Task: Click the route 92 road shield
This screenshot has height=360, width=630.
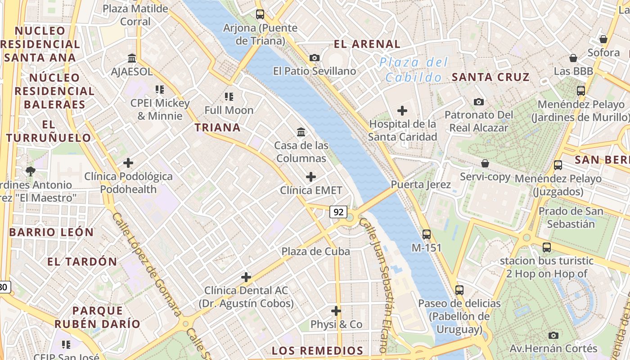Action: pos(338,211)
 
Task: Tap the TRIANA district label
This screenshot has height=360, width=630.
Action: pos(217,128)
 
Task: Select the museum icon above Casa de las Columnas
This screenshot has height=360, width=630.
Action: pos(301,132)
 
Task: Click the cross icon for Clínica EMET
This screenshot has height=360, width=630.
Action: pos(311,177)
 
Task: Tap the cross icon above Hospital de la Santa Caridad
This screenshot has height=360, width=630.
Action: pos(402,111)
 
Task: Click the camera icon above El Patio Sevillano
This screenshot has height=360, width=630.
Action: pos(315,58)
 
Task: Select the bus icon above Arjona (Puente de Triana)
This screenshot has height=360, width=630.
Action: pos(260,14)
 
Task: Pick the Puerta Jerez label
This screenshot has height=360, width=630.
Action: pos(421,184)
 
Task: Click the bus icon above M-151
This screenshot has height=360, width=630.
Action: pos(427,234)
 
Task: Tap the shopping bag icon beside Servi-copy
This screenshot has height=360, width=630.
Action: pos(485,163)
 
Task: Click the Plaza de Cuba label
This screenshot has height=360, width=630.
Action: pos(315,252)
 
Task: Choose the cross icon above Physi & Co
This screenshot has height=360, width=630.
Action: pos(336,311)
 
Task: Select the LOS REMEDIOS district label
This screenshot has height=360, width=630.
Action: pos(317,351)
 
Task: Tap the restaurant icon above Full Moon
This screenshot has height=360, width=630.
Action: pos(229,97)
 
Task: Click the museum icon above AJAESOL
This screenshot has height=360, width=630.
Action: pos(132,58)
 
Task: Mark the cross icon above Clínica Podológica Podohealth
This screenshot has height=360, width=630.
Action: pos(128,163)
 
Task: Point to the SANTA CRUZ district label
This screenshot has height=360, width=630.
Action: pos(490,77)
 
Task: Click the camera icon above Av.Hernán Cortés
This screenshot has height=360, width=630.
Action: pos(553,335)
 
